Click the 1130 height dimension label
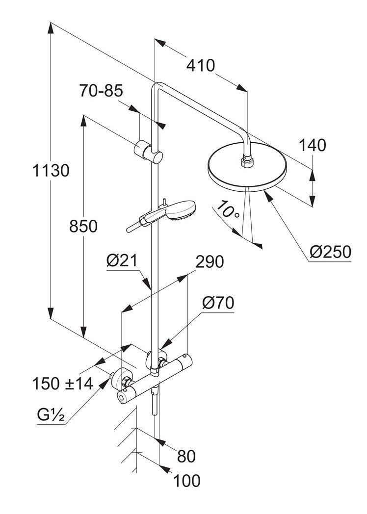51,171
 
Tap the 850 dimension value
83,226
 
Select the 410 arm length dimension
200,66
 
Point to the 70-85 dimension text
101,91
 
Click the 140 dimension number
312,145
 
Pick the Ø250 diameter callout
330,252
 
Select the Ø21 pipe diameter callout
122,261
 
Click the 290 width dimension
210,262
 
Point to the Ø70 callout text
218,303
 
